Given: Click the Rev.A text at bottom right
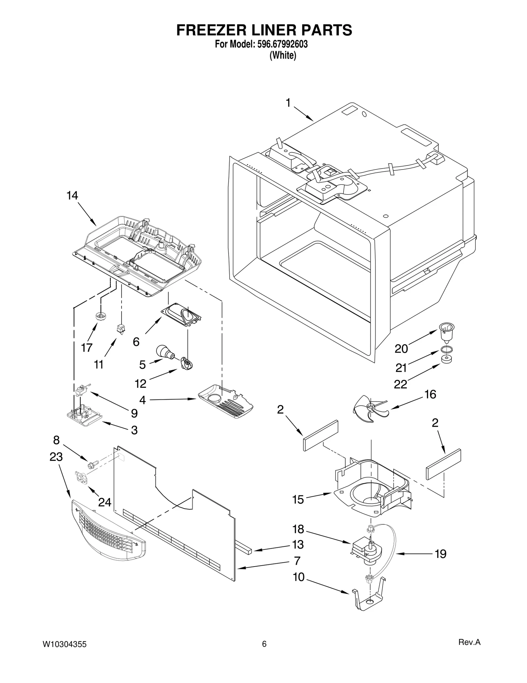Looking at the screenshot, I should coord(469,642).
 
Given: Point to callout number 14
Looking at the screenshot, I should coord(72,196).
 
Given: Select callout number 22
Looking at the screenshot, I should coord(401,384).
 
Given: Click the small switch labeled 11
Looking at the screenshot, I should coord(120,329).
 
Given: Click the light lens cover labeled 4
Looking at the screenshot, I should coord(226,400).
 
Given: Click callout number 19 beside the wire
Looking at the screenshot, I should coord(441,554).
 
